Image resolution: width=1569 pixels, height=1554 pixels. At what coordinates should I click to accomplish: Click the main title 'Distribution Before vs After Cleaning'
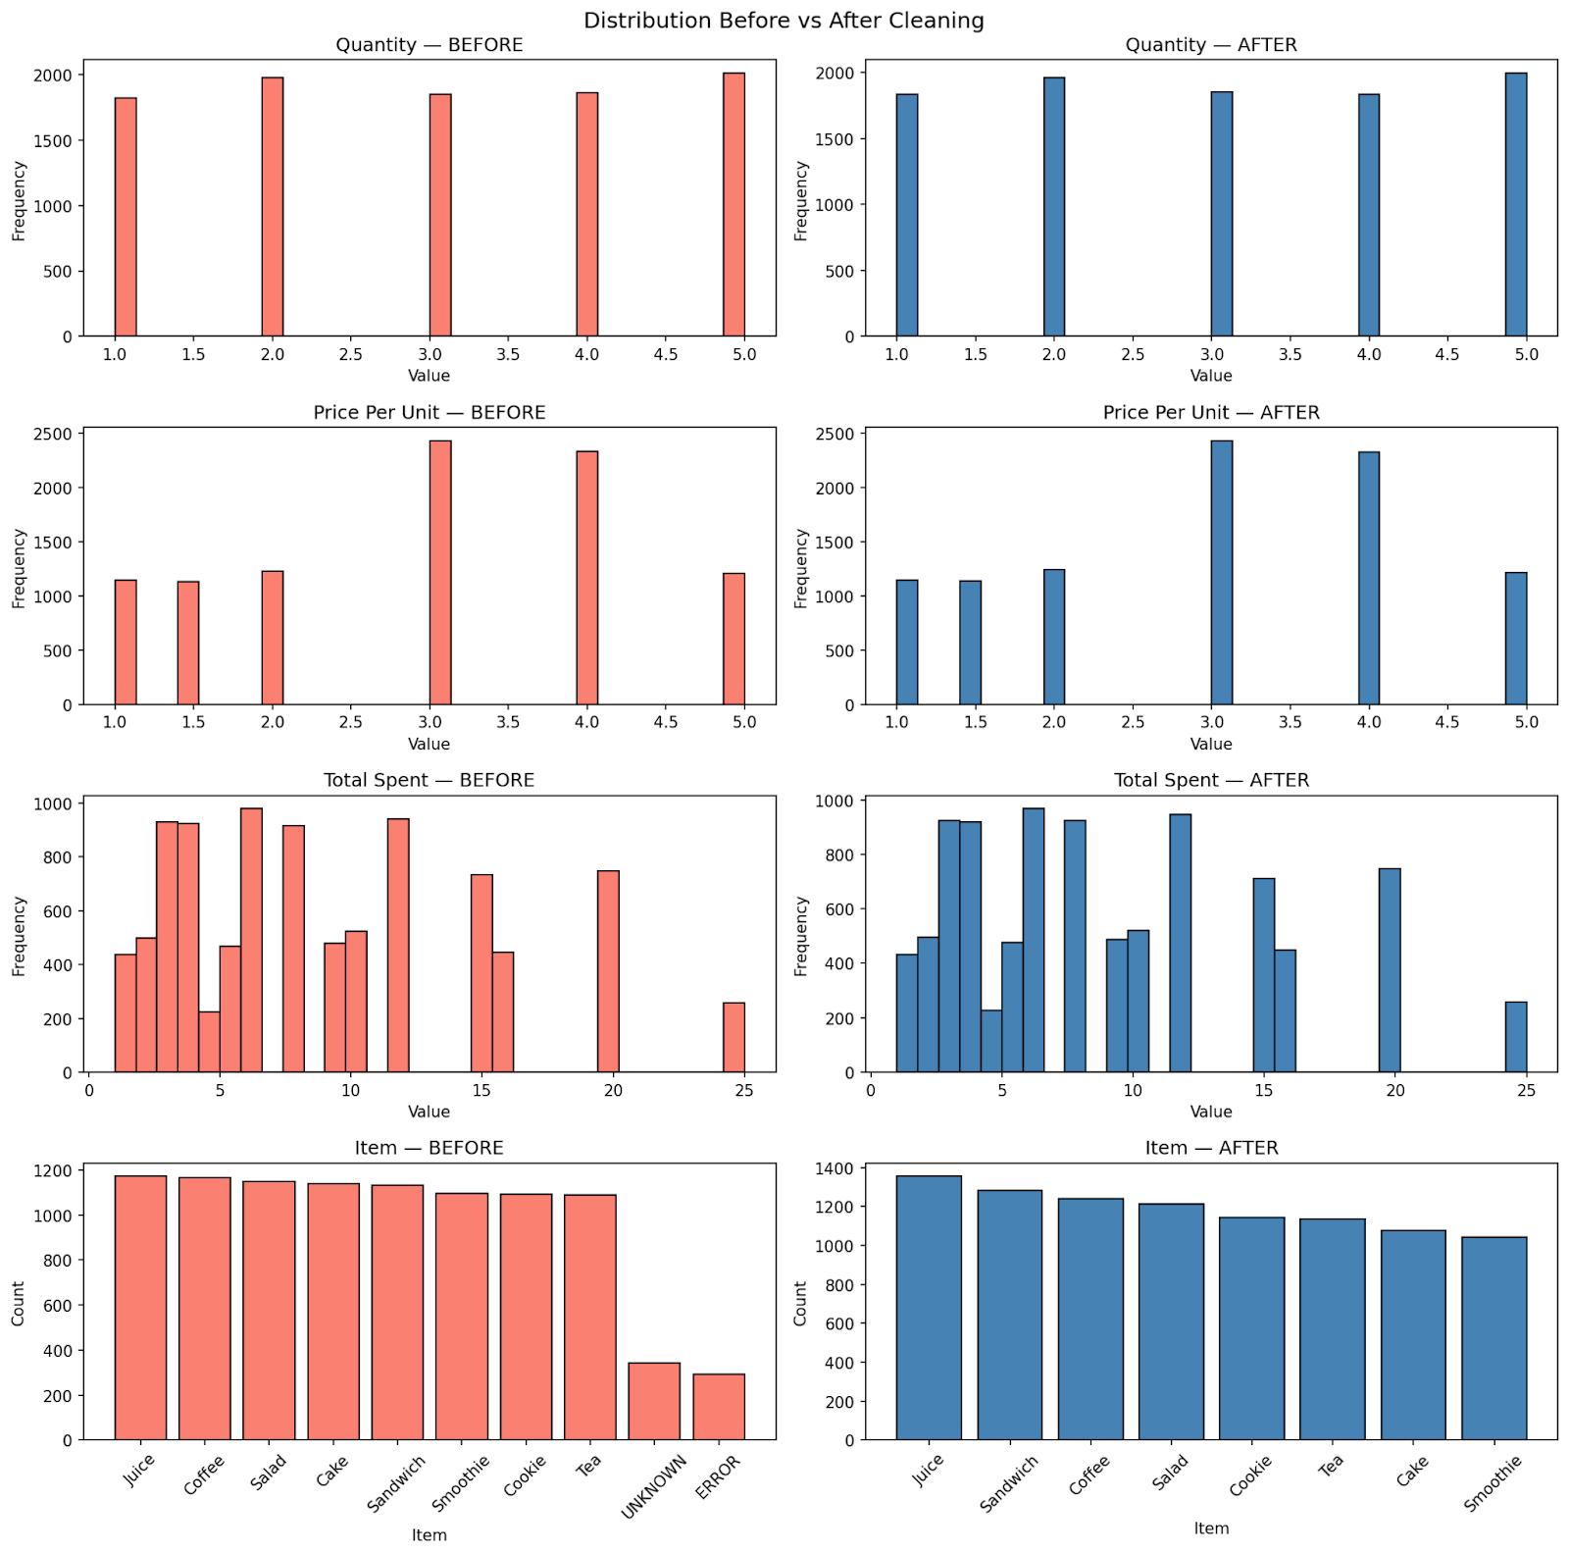(x=784, y=21)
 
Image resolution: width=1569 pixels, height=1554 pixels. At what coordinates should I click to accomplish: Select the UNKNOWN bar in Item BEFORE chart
(x=654, y=1401)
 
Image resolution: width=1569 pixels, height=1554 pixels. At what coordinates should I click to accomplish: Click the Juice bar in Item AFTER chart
(x=929, y=1307)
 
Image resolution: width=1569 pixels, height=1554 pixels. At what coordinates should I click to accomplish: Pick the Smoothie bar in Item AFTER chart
(x=1493, y=1338)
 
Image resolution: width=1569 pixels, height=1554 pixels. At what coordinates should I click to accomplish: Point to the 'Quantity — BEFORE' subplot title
(x=430, y=45)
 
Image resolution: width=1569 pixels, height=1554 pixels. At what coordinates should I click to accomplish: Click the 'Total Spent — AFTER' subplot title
(x=1211, y=780)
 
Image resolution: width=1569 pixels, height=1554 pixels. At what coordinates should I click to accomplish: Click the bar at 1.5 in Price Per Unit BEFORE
(x=188, y=643)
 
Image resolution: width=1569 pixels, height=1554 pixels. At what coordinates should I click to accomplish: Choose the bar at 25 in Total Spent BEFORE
(x=734, y=1037)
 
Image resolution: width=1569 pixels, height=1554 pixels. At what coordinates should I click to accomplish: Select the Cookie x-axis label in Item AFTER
(x=1250, y=1476)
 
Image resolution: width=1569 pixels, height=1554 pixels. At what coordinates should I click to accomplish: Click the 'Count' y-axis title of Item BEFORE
(x=18, y=1303)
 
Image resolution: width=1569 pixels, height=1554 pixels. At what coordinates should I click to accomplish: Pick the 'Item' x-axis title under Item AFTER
(x=1211, y=1528)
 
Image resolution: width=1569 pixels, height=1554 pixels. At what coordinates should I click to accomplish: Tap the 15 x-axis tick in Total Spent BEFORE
(x=481, y=1090)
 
